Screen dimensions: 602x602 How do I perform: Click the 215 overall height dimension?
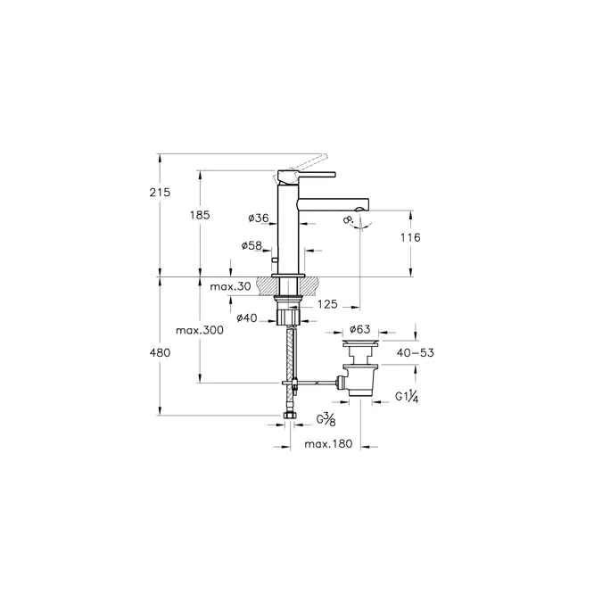pyautogui.click(x=160, y=192)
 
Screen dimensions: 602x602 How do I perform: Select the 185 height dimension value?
pyautogui.click(x=200, y=215)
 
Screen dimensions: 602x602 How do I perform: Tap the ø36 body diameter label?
pyautogui.click(x=259, y=219)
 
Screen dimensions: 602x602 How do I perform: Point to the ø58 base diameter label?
pyautogui.click(x=252, y=245)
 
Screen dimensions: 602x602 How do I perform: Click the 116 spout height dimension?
pyautogui.click(x=410, y=237)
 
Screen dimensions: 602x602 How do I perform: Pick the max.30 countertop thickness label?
pyautogui.click(x=230, y=286)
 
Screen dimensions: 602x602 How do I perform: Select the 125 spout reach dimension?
pyautogui.click(x=327, y=304)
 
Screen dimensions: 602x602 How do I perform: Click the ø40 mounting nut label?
pyautogui.click(x=247, y=317)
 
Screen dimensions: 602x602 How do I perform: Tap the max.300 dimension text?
pyautogui.click(x=200, y=330)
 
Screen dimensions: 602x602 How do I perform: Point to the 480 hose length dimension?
pyautogui.click(x=160, y=352)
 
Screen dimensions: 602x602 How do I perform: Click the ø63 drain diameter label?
pyautogui.click(x=360, y=329)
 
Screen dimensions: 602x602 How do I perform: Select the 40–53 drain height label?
pyautogui.click(x=416, y=352)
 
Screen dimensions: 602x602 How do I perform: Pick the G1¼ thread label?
pyautogui.click(x=407, y=397)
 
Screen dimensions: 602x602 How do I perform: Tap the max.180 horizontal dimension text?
pyautogui.click(x=328, y=444)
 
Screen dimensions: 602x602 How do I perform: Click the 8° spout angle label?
pyautogui.click(x=349, y=220)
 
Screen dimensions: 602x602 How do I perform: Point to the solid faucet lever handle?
pyautogui.click(x=307, y=176)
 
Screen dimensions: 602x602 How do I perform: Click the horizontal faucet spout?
pyautogui.click(x=334, y=204)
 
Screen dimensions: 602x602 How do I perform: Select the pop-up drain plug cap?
pyautogui.click(x=360, y=342)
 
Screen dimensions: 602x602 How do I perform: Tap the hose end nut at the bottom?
pyautogui.click(x=289, y=416)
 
